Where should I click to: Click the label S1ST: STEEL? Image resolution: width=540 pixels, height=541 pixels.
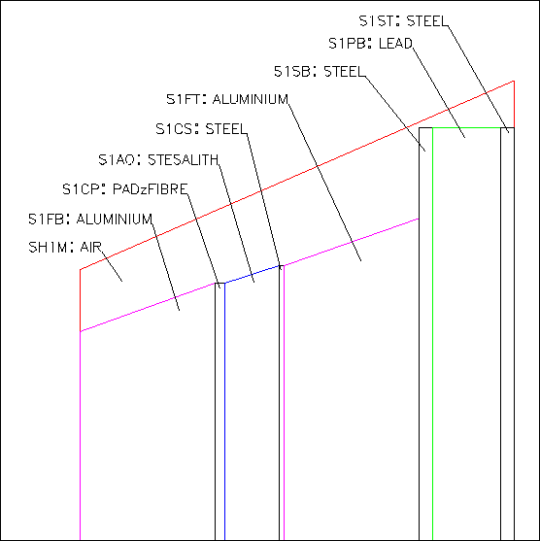(x=403, y=21)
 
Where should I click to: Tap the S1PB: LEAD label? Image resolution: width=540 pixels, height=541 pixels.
(x=370, y=44)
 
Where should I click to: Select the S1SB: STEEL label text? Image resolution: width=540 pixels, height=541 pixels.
(x=320, y=72)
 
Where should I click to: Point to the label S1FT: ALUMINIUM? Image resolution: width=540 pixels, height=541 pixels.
(x=227, y=99)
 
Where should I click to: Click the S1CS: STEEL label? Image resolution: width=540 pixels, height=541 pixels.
(x=201, y=129)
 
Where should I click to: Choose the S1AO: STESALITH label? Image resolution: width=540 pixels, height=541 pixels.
(x=158, y=159)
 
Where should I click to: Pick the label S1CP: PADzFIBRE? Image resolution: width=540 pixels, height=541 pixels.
(x=125, y=189)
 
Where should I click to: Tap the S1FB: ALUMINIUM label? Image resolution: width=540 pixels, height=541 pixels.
(x=90, y=220)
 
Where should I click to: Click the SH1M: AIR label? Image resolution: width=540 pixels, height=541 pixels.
(x=65, y=248)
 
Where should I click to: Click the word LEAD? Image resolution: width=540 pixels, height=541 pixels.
(x=395, y=44)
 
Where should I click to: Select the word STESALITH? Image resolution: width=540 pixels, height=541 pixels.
(x=184, y=159)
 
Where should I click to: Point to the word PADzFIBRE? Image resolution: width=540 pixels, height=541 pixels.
(x=151, y=189)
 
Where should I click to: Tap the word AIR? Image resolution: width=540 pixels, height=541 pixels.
(x=90, y=248)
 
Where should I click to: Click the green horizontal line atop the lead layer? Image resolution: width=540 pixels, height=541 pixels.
(x=466, y=127)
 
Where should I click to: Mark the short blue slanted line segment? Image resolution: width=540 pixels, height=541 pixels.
(x=252, y=275)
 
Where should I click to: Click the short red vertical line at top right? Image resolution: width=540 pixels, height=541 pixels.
(x=514, y=104)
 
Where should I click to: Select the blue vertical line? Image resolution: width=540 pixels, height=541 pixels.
(x=224, y=412)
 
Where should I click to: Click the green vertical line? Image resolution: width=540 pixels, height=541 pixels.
(x=433, y=334)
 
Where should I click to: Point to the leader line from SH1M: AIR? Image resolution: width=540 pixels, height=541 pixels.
(x=112, y=264)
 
